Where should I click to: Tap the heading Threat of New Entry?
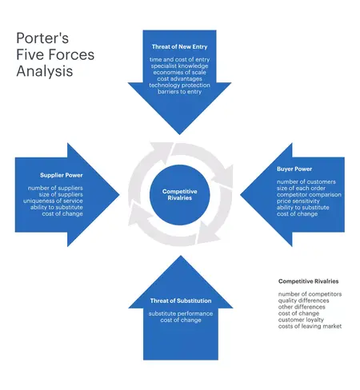tap(180, 46)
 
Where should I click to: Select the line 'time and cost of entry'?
tap(180, 59)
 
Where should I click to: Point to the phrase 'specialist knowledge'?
tap(180, 66)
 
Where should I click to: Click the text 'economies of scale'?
tap(180, 72)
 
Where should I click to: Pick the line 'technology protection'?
tap(180, 85)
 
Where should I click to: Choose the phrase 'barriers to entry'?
tap(180, 91)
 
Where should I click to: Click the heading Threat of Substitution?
tap(180, 300)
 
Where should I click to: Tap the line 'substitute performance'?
tap(180, 313)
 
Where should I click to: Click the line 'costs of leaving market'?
tap(310, 327)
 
